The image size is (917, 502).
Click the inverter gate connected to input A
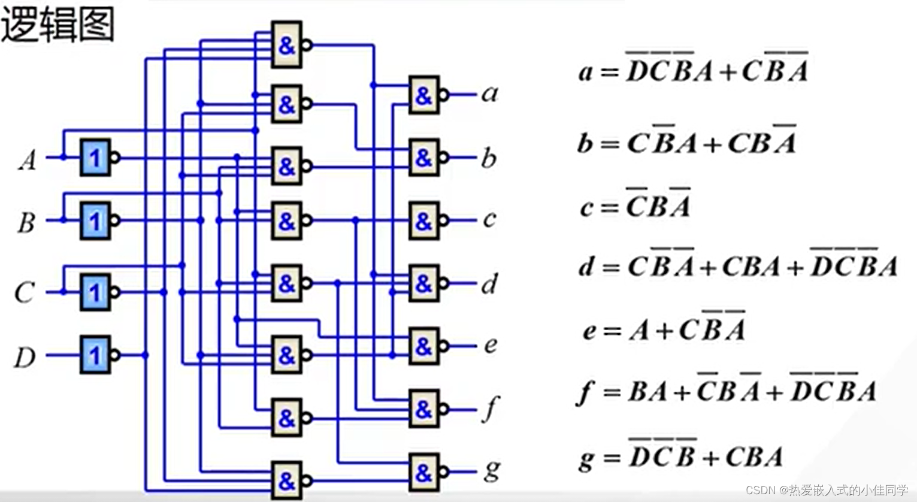pyautogui.click(x=95, y=158)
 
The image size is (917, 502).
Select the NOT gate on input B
pyautogui.click(x=95, y=221)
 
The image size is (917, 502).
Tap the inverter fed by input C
pyautogui.click(x=95, y=292)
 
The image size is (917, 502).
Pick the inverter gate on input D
pyautogui.click(x=95, y=355)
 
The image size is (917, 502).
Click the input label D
pyautogui.click(x=25, y=358)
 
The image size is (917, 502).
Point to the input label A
pyautogui.click(x=27, y=160)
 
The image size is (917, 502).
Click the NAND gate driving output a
pyautogui.click(x=424, y=95)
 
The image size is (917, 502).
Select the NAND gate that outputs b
pyautogui.click(x=424, y=158)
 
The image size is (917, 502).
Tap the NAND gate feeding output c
pyautogui.click(x=424, y=221)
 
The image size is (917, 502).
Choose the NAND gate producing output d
pyautogui.click(x=424, y=283)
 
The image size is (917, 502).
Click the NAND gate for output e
pyautogui.click(x=424, y=346)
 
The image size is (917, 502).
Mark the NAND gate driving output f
pyautogui.click(x=424, y=409)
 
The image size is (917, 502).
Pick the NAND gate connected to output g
pyautogui.click(x=424, y=472)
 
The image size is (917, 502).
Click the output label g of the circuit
pyautogui.click(x=491, y=470)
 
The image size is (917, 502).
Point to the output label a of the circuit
pyautogui.click(x=490, y=93)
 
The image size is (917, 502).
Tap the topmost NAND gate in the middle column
pyautogui.click(x=287, y=45)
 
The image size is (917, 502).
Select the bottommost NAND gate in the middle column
pyautogui.click(x=287, y=480)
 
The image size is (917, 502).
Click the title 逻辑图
pyautogui.click(x=57, y=25)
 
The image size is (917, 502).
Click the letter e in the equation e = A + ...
pyautogui.click(x=590, y=331)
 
